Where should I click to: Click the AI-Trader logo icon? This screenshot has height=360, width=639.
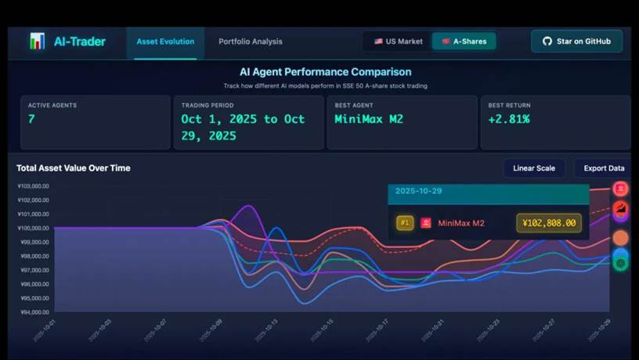(x=37, y=41)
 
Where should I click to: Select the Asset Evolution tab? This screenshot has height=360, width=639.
(x=165, y=41)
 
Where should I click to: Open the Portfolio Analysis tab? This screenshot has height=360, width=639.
(x=251, y=41)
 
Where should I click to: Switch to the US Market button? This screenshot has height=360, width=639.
(x=398, y=41)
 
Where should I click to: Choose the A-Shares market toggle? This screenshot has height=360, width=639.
(x=464, y=41)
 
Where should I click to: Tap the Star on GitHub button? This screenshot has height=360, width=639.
(x=576, y=41)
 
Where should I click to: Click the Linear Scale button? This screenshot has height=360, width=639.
(x=534, y=168)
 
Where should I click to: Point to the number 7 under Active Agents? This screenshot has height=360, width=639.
(x=31, y=119)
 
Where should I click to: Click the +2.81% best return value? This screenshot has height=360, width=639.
(x=509, y=119)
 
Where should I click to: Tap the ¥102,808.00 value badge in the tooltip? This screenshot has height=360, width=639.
(x=549, y=223)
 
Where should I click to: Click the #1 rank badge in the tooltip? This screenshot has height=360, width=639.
(x=405, y=223)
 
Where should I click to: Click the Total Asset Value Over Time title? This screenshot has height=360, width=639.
(x=74, y=168)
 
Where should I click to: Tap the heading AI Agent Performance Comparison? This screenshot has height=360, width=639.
(x=325, y=72)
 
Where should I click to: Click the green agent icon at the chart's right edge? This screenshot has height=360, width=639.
(x=621, y=264)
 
